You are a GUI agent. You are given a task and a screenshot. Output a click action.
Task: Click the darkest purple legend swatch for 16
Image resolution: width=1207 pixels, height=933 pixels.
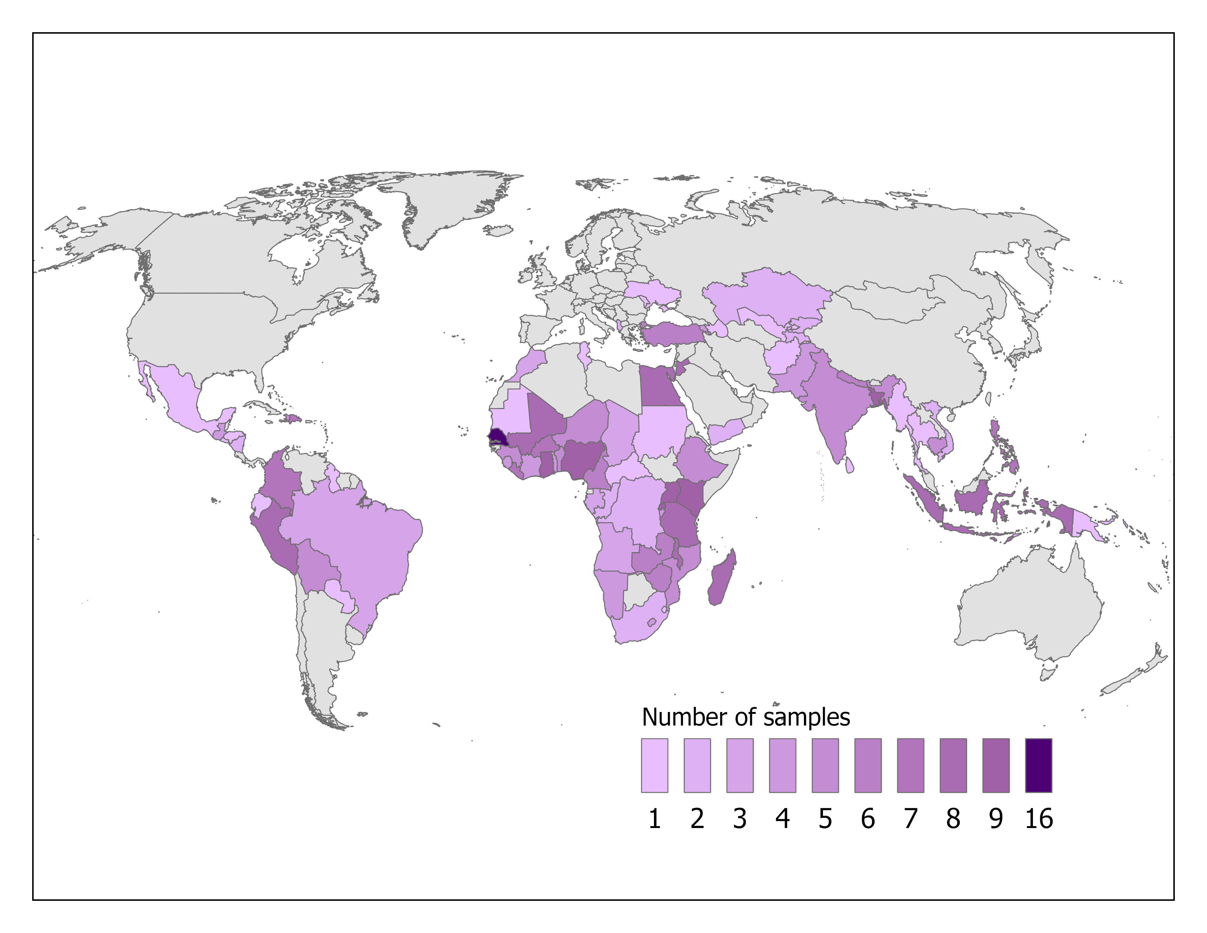[x=1038, y=765]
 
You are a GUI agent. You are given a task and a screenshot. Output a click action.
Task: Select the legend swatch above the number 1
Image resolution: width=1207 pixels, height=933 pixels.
[x=654, y=765]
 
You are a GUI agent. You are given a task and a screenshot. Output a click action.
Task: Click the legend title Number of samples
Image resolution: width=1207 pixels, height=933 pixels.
[x=745, y=717]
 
